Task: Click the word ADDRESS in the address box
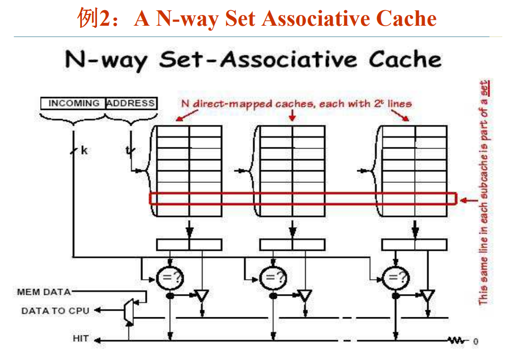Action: [131, 103]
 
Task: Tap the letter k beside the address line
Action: [84, 151]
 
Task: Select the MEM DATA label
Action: [44, 292]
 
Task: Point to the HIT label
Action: [81, 339]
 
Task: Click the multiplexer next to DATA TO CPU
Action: [129, 311]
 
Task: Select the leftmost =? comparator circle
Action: [170, 277]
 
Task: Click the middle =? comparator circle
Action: [273, 277]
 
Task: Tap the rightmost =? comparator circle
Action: [396, 277]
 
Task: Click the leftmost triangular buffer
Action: [202, 295]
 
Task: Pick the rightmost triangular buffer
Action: [427, 295]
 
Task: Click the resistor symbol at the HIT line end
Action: [458, 340]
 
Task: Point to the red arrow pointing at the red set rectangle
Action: [470, 200]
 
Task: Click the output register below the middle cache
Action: [292, 245]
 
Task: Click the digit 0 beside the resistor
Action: [476, 341]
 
